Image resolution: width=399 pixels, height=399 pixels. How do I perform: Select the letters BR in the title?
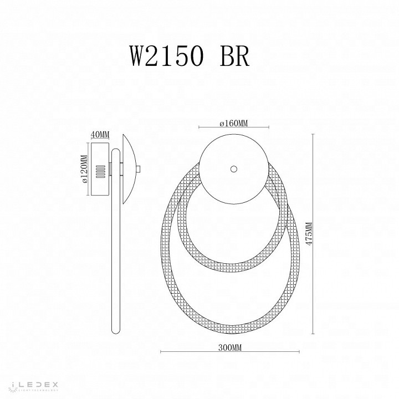point(232,56)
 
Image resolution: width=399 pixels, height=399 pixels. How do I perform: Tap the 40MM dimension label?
point(100,135)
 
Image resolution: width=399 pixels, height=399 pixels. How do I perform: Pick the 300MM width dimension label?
point(229,347)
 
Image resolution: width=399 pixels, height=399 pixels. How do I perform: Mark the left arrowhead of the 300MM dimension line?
point(161,352)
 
